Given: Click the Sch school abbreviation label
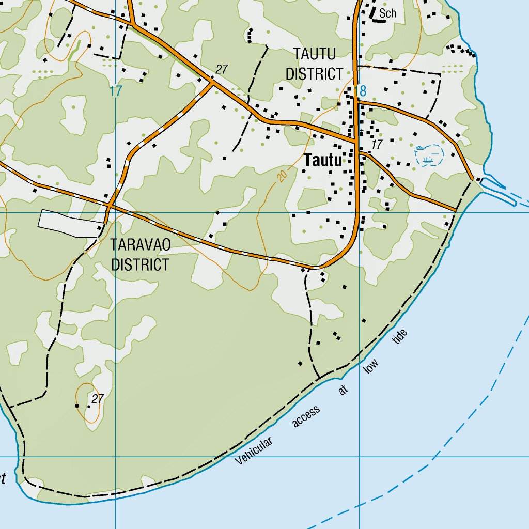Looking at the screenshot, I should coord(387,13).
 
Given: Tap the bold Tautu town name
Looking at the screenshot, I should coord(323,161).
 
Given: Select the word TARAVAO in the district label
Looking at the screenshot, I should coord(140,245).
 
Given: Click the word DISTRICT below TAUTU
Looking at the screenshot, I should coord(314,74).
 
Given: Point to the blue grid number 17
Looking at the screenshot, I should coord(116,91).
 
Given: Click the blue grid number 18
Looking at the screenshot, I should coord(361,91).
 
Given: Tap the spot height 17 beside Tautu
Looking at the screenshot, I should coord(377,145).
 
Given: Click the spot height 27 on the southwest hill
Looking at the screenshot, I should coord(97,399).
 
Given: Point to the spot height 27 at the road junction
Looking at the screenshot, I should coord(222,69).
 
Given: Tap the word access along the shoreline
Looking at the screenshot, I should coord(306,416).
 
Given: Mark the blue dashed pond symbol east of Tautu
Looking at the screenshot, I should coord(429,155).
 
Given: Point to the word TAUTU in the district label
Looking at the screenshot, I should coord(314,54).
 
